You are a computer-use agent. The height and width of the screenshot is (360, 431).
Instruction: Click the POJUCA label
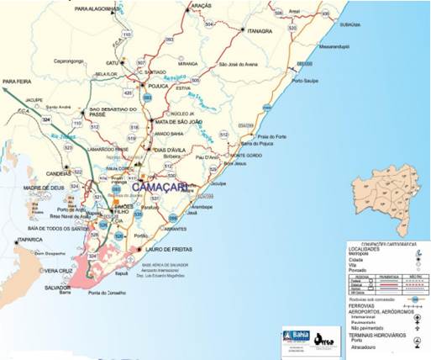pyautogui.click(x=160, y=85)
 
